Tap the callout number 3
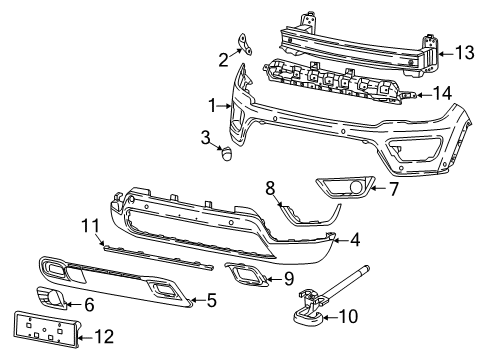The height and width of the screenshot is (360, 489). point(204,136)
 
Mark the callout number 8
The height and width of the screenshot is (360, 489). point(269,186)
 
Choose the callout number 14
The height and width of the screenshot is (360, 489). point(440,95)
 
